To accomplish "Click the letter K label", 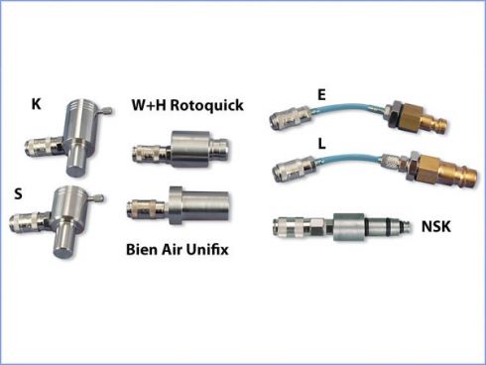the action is (x=37, y=102).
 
